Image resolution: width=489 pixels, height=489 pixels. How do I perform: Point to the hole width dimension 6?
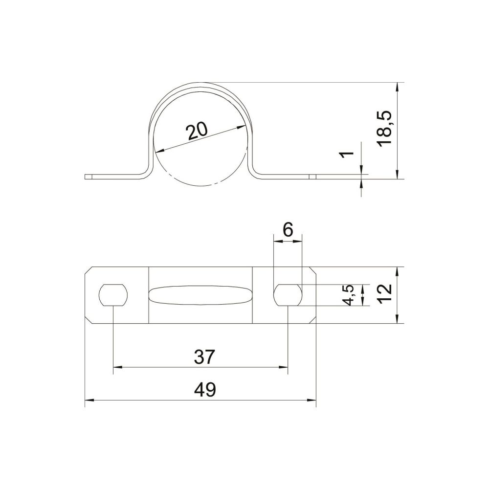click(288, 230)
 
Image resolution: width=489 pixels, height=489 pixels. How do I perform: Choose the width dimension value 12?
click(385, 293)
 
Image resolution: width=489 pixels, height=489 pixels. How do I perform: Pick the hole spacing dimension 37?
click(204, 357)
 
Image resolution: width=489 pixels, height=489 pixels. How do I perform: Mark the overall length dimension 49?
click(204, 390)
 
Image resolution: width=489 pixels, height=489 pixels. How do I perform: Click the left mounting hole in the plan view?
click(113, 295)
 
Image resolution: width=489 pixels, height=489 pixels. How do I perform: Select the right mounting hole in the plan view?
click(288, 295)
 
